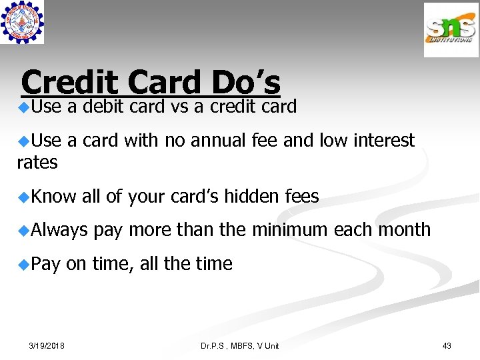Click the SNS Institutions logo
[x=451, y=30]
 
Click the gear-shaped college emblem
[x=23, y=23]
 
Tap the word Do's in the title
[x=245, y=83]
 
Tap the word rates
[x=37, y=162]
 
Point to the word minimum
[x=290, y=230]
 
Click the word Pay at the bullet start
[x=45, y=264]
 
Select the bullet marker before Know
[x=24, y=197]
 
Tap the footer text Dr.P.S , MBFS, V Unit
[x=240, y=345]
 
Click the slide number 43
[x=447, y=345]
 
